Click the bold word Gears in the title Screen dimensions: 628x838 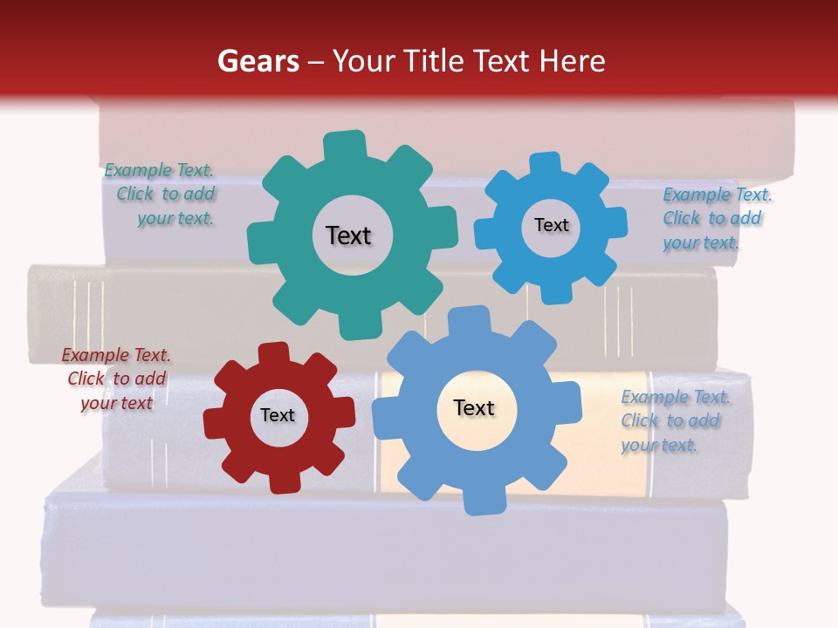click(257, 61)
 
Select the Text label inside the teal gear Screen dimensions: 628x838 click(348, 235)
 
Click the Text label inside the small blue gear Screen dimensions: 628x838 click(551, 225)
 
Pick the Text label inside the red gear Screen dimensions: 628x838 click(278, 415)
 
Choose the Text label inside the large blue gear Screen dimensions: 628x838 click(474, 407)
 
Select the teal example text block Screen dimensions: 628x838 click(161, 195)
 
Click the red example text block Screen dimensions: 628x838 click(117, 379)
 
